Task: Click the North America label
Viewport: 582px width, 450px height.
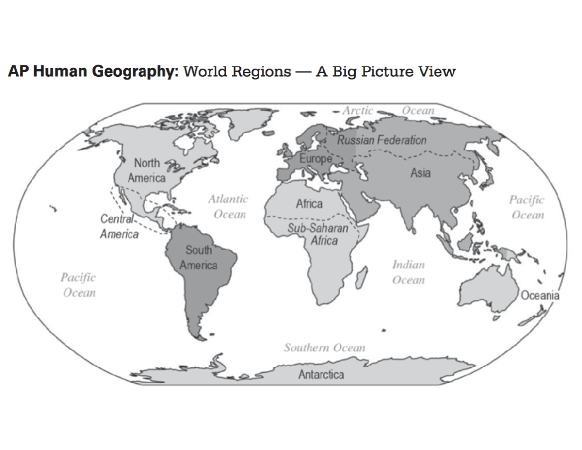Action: tap(146, 170)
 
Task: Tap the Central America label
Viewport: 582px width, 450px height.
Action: tap(119, 227)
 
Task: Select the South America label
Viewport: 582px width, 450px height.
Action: tap(198, 258)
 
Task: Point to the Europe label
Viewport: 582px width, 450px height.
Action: tap(315, 158)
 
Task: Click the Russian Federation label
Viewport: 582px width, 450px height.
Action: tap(382, 141)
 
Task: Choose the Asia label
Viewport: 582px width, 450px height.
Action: tap(420, 173)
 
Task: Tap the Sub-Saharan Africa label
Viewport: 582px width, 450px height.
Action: tap(318, 234)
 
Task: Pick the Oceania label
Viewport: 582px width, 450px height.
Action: tap(540, 296)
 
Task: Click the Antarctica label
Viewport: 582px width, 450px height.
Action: tap(321, 375)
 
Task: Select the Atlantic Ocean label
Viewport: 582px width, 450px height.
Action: tap(228, 207)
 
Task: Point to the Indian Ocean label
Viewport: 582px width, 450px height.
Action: tap(408, 272)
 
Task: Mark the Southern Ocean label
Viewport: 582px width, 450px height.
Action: tap(324, 348)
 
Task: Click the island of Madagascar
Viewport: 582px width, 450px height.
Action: tap(361, 279)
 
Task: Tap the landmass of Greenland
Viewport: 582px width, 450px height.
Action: tap(247, 121)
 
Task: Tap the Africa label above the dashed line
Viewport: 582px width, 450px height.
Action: tap(309, 204)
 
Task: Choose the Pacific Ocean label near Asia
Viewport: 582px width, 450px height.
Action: tap(527, 207)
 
